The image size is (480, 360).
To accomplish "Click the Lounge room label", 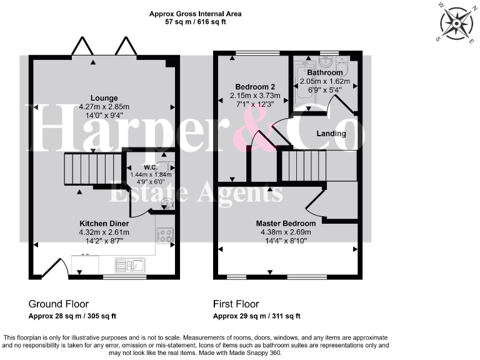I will pyautogui.click(x=104, y=97).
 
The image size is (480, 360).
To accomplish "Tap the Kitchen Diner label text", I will pyautogui.click(x=104, y=223).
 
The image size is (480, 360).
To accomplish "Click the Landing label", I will pyautogui.click(x=331, y=133).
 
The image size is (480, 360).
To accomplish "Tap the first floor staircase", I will pyautogui.click(x=302, y=165).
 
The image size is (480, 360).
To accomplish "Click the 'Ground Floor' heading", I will pyautogui.click(x=59, y=304).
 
